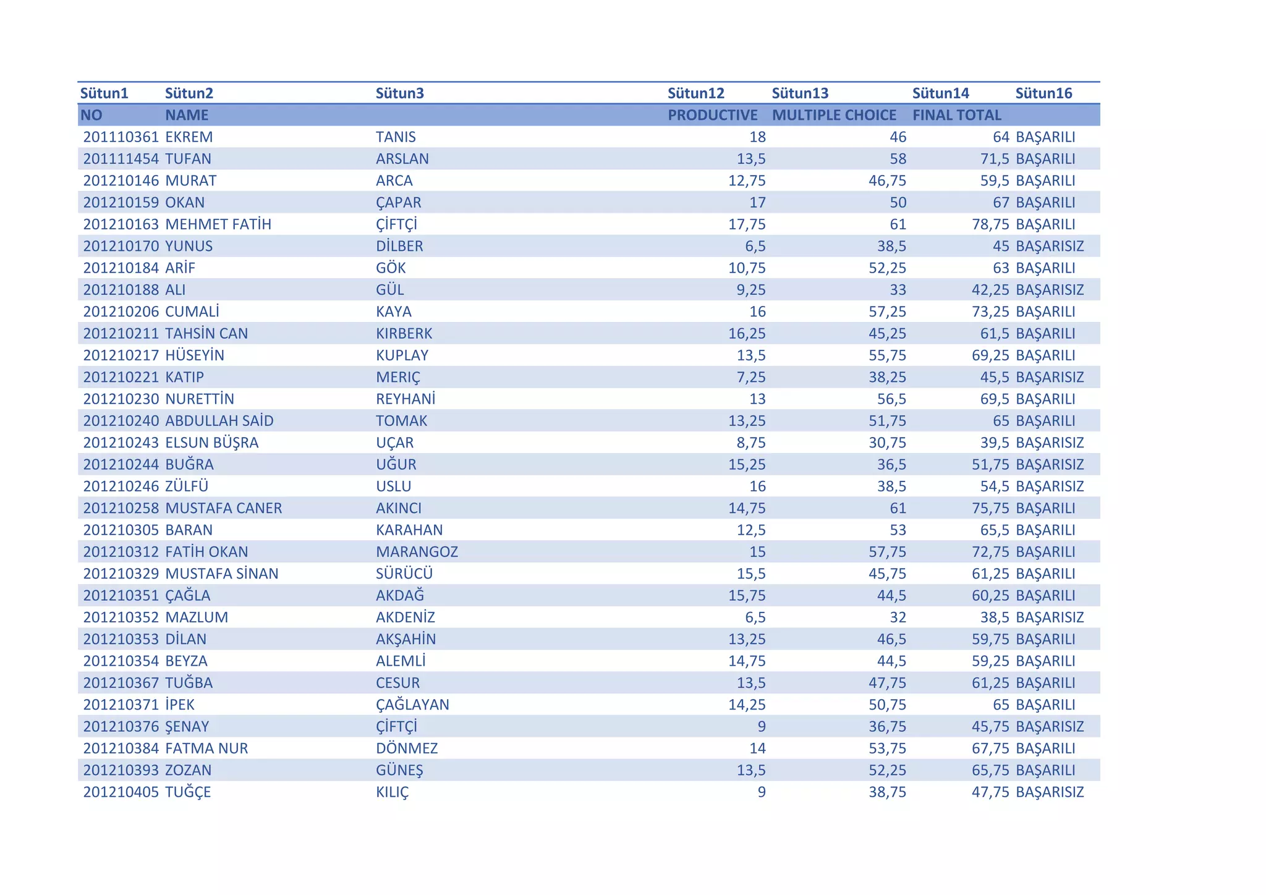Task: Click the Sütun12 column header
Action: [695, 93]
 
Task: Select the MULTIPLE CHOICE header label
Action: [833, 115]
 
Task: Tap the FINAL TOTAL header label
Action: [956, 115]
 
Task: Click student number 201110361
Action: [121, 137]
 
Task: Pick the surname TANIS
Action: [396, 137]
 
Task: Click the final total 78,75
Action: [990, 224]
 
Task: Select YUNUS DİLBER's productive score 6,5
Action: [755, 246]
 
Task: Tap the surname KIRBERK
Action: [404, 334]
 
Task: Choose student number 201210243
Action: [121, 443]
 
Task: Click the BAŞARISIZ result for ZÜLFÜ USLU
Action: [1049, 486]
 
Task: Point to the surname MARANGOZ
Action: [417, 552]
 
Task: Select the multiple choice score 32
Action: [898, 617]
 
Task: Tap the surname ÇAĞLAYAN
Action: [412, 705]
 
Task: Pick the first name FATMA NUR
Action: [206, 749]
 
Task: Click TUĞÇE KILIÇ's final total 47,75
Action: [990, 792]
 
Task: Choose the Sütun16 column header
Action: [1043, 93]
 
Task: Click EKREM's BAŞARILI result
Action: [1045, 137]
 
